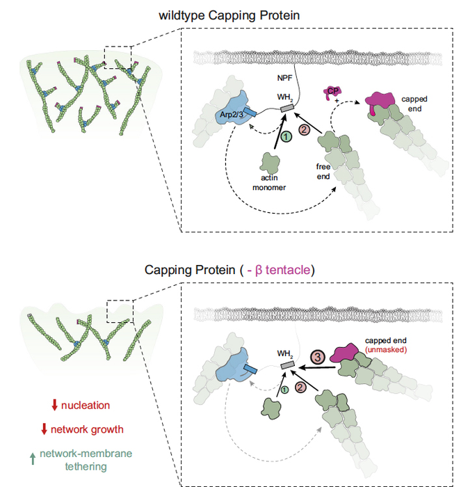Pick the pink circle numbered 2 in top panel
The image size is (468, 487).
pyautogui.click(x=303, y=129)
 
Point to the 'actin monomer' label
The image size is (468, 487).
pyautogui.click(x=264, y=182)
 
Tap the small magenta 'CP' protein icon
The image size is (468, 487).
pyautogui.click(x=333, y=93)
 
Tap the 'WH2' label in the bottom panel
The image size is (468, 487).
pyautogui.click(x=286, y=353)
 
